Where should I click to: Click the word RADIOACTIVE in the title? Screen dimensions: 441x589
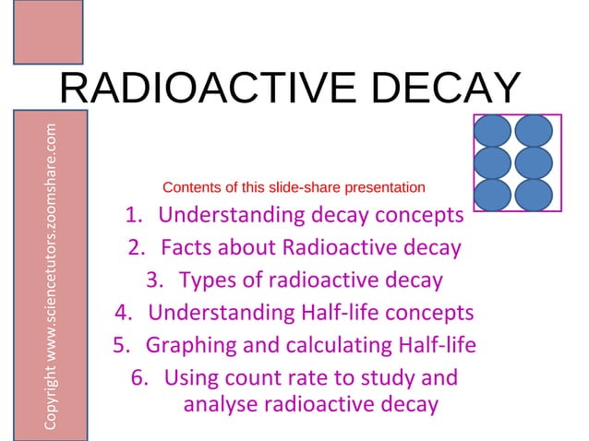click(x=208, y=89)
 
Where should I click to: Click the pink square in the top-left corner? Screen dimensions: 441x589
click(x=48, y=31)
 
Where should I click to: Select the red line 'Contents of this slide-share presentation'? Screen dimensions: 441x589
click(x=294, y=188)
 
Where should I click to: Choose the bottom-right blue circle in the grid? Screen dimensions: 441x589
click(x=534, y=194)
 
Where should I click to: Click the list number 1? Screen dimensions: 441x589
click(x=132, y=217)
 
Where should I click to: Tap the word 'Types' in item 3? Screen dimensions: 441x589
click(x=207, y=280)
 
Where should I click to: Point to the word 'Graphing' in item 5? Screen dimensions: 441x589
click(x=188, y=345)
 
